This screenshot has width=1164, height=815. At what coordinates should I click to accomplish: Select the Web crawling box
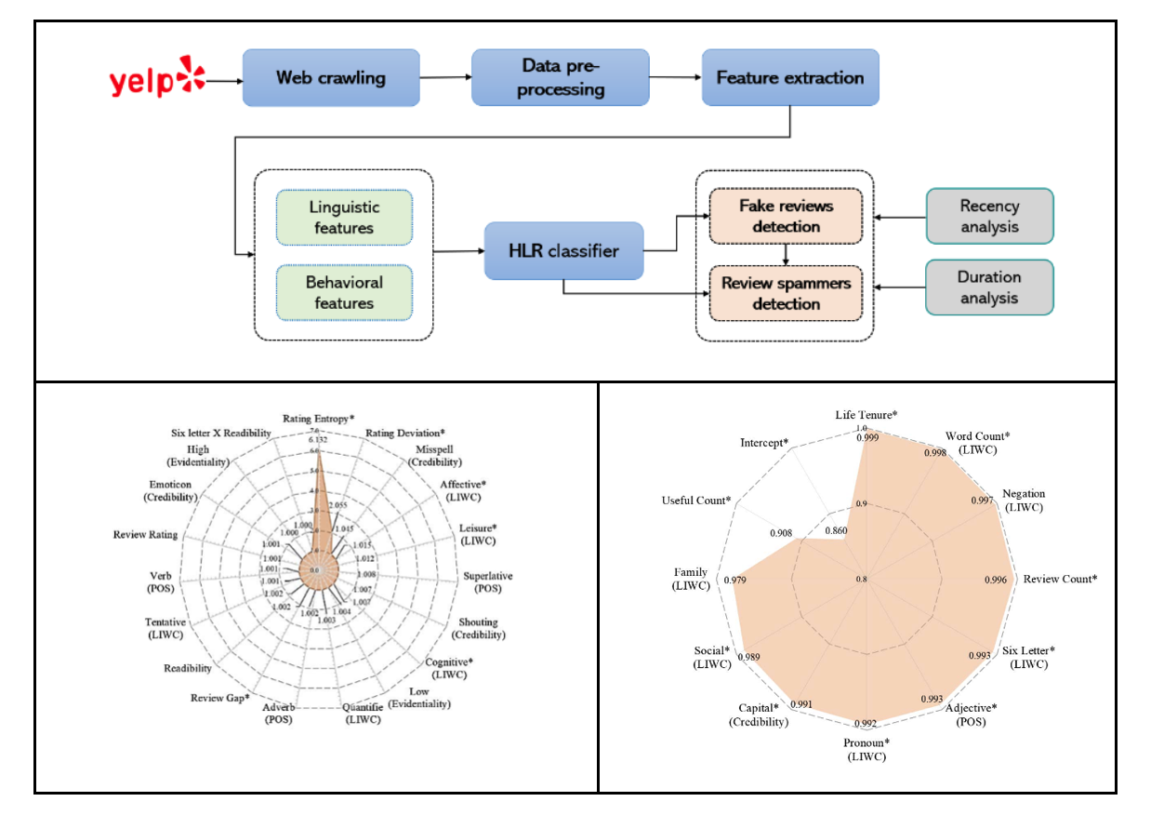pyautogui.click(x=330, y=77)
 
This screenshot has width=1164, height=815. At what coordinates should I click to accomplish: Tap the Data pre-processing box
pyautogui.click(x=562, y=77)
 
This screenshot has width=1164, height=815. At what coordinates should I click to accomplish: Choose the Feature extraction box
pyautogui.click(x=790, y=77)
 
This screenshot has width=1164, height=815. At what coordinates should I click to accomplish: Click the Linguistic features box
pyautogui.click(x=344, y=218)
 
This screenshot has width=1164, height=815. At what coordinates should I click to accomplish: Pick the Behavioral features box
pyautogui.click(x=344, y=292)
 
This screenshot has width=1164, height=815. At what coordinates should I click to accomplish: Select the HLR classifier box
pyautogui.click(x=563, y=250)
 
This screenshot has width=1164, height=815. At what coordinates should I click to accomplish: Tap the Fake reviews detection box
pyautogui.click(x=786, y=216)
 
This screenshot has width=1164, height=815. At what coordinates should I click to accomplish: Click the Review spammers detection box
pyautogui.click(x=786, y=292)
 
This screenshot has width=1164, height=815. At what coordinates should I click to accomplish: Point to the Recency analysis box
pyautogui.click(x=989, y=216)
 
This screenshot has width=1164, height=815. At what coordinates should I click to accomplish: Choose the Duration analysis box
pyautogui.click(x=989, y=287)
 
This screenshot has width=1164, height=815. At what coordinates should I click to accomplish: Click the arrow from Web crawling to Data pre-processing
pyautogui.click(x=444, y=77)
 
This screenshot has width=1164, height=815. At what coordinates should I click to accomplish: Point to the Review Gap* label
pyautogui.click(x=220, y=698)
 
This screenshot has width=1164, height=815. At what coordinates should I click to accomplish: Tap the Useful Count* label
pyautogui.click(x=696, y=501)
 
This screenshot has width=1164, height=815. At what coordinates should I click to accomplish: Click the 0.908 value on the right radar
pyautogui.click(x=782, y=533)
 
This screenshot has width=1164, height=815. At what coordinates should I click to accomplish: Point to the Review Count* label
pyautogui.click(x=1060, y=579)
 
